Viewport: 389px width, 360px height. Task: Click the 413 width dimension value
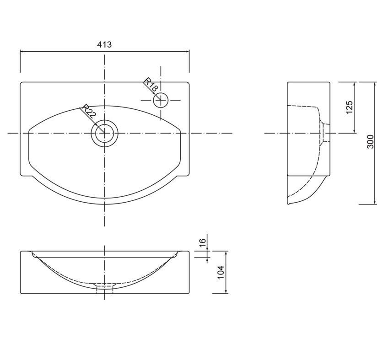pos(104,45)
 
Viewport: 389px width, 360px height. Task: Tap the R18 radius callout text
pos(151,85)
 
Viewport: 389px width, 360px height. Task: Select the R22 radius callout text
pos(89,111)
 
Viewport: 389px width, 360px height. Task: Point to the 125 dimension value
pos(349,107)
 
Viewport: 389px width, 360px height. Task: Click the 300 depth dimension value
pos(370,141)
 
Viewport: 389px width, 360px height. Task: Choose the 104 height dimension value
pos(221,272)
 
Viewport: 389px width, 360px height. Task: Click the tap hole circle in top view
pos(161,100)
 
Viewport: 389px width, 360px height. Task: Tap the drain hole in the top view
pos(104,133)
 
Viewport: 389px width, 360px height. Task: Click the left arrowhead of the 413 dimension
pos(22,52)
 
